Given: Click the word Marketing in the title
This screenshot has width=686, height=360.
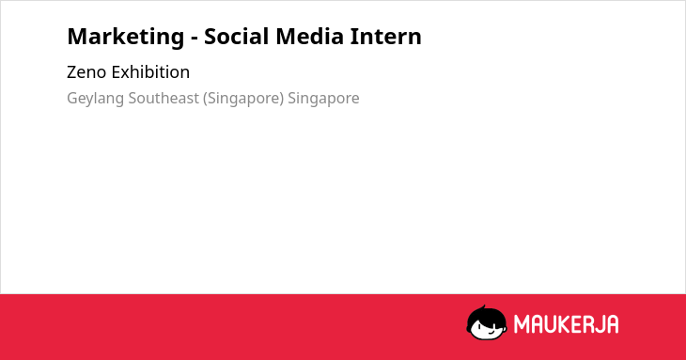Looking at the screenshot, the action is pyautogui.click(x=126, y=38).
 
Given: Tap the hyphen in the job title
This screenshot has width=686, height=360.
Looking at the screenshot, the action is pyautogui.click(x=195, y=39).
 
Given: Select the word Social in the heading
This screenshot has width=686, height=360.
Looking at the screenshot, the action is pyautogui.click(x=237, y=37).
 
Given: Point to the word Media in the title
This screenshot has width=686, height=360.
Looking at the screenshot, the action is pyautogui.click(x=310, y=37).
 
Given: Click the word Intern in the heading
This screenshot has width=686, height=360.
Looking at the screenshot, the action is pyautogui.click(x=386, y=37).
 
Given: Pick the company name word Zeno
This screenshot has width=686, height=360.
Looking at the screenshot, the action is pyautogui.click(x=86, y=72).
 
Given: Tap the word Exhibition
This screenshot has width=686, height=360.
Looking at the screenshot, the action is pyautogui.click(x=150, y=71).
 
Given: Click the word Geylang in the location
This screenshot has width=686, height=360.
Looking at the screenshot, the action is pyautogui.click(x=95, y=99).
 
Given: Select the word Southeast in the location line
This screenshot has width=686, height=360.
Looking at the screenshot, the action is pyautogui.click(x=164, y=98).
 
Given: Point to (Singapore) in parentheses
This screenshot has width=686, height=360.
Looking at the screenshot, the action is pyautogui.click(x=243, y=99).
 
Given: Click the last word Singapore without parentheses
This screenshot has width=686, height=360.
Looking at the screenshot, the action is pyautogui.click(x=323, y=99).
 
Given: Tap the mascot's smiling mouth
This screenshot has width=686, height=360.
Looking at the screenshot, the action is pyautogui.click(x=491, y=332).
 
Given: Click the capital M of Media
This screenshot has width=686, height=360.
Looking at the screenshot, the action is pyautogui.click(x=286, y=37).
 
